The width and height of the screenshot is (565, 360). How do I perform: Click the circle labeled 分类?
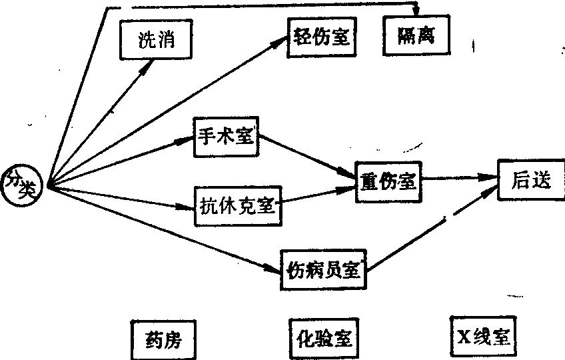[x=22, y=182]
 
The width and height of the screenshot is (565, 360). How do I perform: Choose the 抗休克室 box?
[x=237, y=204]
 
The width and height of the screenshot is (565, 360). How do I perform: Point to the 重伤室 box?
[x=386, y=180]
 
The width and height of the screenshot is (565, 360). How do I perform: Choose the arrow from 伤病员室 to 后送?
[x=433, y=230]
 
